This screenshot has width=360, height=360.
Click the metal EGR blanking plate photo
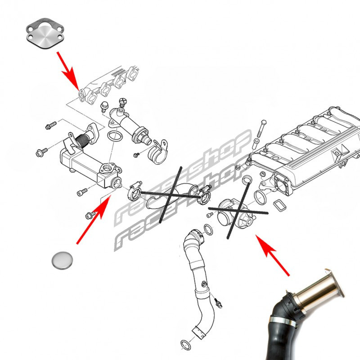pyautogui.click(x=45, y=33)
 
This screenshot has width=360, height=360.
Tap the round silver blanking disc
pyautogui.click(x=62, y=261)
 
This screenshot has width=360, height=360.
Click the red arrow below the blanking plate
pyautogui.click(x=68, y=71)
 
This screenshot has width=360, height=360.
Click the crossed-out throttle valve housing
pyautogui.click(x=235, y=213)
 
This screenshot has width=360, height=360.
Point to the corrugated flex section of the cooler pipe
pyautogui.click(x=82, y=139)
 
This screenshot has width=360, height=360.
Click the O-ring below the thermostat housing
pyautogui.click(x=115, y=136)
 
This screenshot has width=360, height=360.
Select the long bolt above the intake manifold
pyautogui.click(x=261, y=129)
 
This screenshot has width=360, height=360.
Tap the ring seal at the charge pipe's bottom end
pyautogui.click(x=185, y=345)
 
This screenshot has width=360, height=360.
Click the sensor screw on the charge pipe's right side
pyautogui.click(x=218, y=302)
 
